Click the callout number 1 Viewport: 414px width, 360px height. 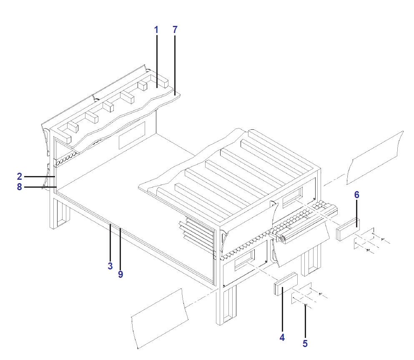tap(156, 30)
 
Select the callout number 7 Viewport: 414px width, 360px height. tap(175, 30)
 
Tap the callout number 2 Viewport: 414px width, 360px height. tap(20, 176)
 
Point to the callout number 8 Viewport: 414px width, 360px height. tap(20, 187)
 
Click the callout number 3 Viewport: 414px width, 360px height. tap(110, 266)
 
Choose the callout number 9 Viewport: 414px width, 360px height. tap(120, 275)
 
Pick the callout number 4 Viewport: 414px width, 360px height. tap(282, 337)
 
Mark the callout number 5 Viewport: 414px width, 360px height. tap(305, 343)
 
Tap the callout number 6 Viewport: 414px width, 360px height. tap(356, 195)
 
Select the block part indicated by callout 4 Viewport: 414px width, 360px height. tap(285, 284)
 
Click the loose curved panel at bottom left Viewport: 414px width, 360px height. tap(159, 317)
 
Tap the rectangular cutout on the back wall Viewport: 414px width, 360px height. tap(132, 136)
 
